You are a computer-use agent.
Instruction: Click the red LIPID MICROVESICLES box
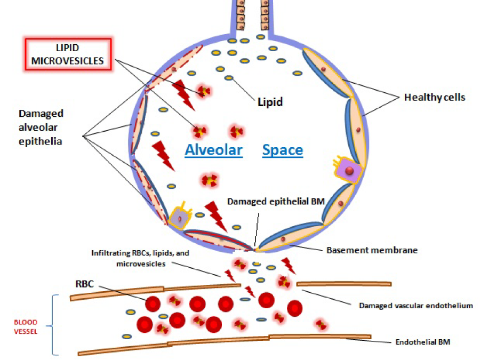(68, 54)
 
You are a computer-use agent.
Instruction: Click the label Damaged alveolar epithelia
(41, 127)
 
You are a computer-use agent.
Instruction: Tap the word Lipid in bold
(270, 101)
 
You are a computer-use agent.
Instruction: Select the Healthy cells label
(435, 98)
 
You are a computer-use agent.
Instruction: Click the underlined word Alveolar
(213, 150)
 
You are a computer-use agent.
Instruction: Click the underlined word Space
(283, 150)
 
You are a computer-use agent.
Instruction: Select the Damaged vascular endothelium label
(416, 306)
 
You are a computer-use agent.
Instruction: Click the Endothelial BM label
(423, 342)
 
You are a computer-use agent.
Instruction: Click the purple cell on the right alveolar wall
(348, 171)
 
